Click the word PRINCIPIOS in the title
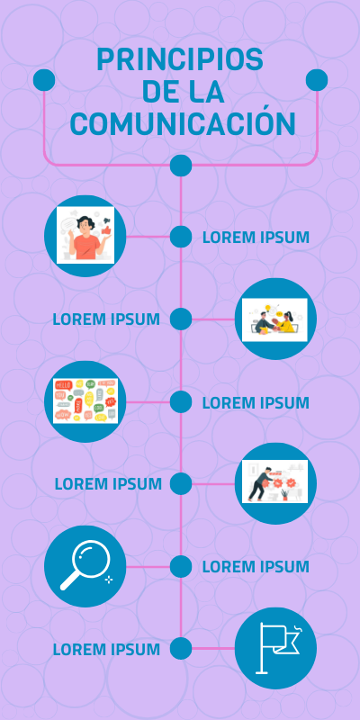180,59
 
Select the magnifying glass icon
85,565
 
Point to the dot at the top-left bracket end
44,80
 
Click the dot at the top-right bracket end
317,80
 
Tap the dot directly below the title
181,166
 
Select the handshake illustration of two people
274,319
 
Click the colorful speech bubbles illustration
85,400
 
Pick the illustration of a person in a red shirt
85,235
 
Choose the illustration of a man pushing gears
274,481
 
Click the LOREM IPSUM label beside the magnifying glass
256,567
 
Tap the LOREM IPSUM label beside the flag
106,650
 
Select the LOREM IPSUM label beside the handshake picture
106,319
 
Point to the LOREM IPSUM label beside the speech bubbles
256,402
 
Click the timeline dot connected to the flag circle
181,648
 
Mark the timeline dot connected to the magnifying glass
181,566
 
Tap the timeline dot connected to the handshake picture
181,319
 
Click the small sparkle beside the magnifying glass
109,580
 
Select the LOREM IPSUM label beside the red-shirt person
256,238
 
